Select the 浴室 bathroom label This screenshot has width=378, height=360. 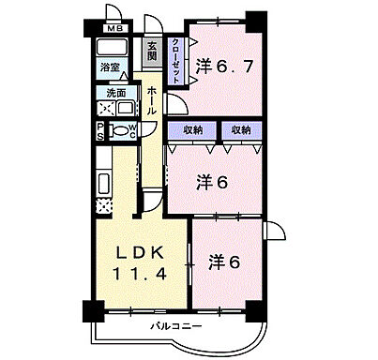tap(111, 67)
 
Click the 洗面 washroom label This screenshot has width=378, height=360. tap(115, 94)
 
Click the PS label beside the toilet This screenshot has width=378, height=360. tap(100, 130)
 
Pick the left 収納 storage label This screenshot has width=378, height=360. tap(193, 130)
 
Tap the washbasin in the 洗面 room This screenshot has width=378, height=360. tap(125, 108)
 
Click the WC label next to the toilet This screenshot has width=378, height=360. tap(133, 130)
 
